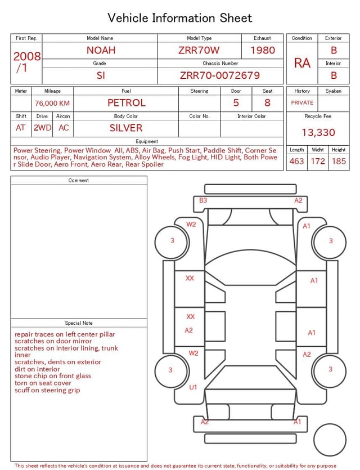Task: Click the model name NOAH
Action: [101, 50]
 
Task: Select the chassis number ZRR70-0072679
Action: [220, 75]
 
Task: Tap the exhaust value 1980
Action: [263, 50]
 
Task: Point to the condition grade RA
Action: [302, 63]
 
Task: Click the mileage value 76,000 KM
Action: [52, 103]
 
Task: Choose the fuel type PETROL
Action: [127, 103]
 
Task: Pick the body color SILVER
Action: [126, 128]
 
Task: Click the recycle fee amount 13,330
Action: [318, 132]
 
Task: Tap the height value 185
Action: [339, 161]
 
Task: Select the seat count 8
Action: [267, 103]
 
